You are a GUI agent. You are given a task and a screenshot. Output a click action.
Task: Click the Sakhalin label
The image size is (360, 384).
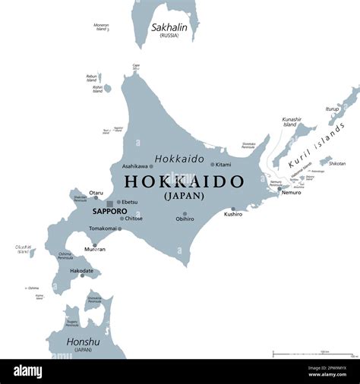(169, 27)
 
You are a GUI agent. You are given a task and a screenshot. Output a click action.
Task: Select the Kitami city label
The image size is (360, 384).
(223, 164)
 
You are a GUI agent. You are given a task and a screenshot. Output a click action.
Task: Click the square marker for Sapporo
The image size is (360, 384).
(110, 203)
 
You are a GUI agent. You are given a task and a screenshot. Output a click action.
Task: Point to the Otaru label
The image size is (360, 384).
(96, 193)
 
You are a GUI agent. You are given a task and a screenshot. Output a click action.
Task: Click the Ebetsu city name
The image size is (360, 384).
(130, 202)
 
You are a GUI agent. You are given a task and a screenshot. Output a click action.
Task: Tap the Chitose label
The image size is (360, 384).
(132, 218)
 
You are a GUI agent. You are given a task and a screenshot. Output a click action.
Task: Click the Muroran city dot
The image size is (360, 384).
(95, 245)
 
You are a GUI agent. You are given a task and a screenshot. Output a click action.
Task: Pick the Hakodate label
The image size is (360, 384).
(81, 270)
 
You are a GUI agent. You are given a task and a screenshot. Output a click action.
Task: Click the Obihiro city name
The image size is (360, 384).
(185, 219)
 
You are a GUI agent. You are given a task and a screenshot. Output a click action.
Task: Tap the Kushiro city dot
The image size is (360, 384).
(233, 209)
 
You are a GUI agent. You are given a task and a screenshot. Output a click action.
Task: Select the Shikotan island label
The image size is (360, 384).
(337, 163)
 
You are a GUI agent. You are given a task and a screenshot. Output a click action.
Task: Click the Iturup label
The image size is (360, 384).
(332, 109)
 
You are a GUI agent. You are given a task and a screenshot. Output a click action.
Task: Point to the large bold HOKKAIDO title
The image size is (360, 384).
(184, 181)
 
